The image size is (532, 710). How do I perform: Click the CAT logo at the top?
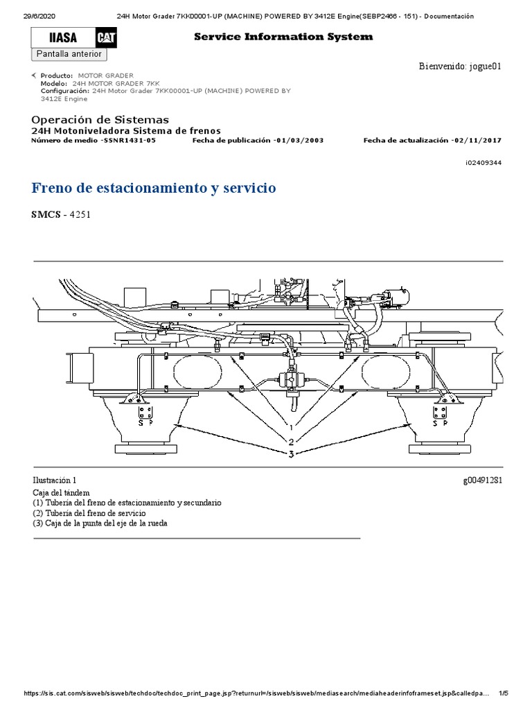106,38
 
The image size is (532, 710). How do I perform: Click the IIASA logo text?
61,38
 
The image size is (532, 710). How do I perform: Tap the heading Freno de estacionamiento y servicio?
154,188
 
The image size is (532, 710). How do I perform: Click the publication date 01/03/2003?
299,140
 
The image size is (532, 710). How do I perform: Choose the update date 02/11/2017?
479,140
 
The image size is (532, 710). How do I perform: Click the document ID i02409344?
484,163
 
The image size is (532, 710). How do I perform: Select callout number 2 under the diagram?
292,442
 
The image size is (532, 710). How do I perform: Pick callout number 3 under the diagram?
292,453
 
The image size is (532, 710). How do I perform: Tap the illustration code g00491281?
481,480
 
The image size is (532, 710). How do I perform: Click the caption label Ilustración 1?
55,480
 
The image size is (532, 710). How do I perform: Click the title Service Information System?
283,37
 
